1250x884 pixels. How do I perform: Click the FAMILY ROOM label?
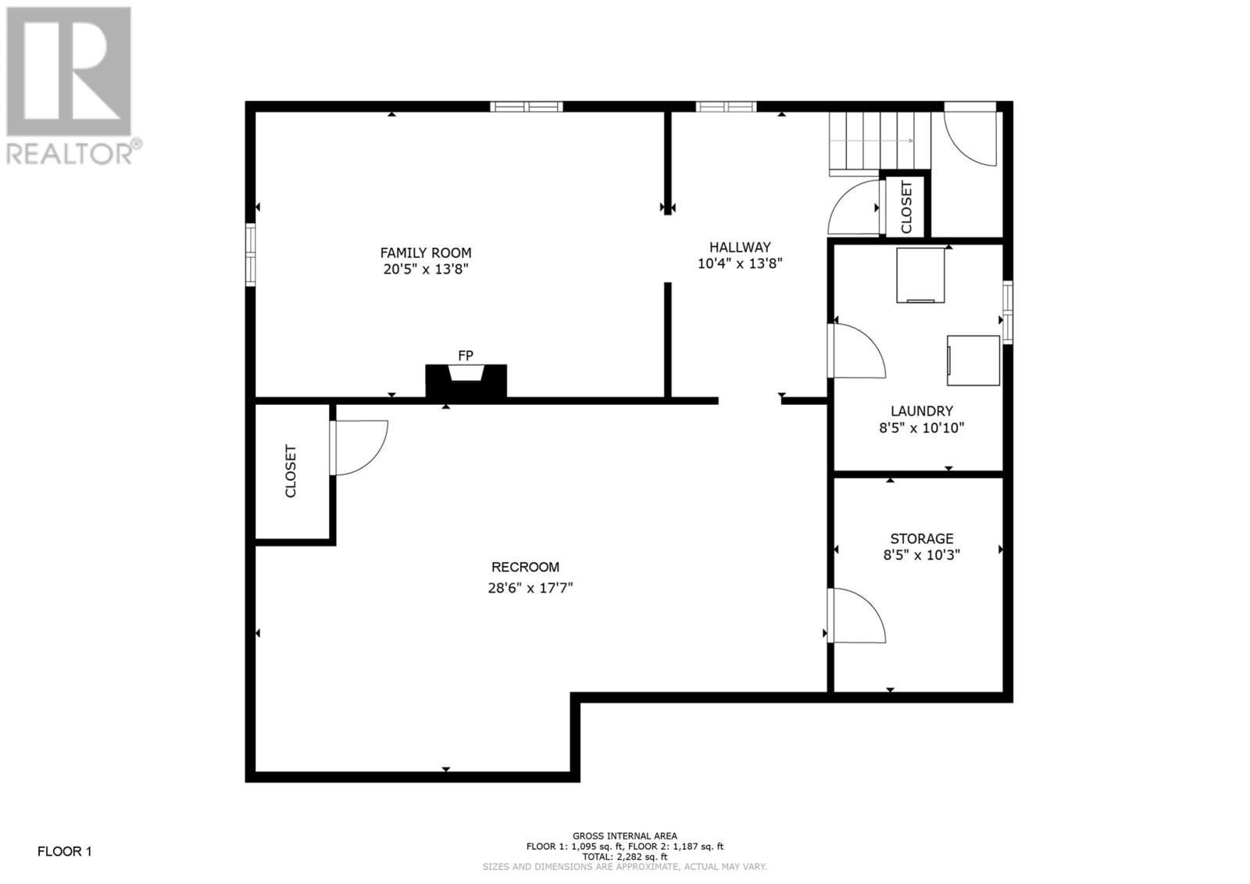[x=426, y=252]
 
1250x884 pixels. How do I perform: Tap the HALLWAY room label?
[x=740, y=247]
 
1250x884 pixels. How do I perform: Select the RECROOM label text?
[x=525, y=567]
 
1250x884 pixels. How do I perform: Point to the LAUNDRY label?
[x=921, y=411]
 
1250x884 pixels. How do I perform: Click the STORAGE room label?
[x=921, y=539]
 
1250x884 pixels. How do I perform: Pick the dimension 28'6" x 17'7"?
[x=530, y=588]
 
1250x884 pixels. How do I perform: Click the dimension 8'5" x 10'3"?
[x=921, y=555]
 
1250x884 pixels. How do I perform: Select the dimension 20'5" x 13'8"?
[x=426, y=269]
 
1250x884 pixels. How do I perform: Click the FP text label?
[x=466, y=355]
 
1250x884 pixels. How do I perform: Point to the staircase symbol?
[x=880, y=144]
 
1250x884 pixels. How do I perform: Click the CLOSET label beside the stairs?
[x=906, y=207]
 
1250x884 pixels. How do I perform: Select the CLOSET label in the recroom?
[x=291, y=471]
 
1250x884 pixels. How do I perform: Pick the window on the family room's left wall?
[x=251, y=255]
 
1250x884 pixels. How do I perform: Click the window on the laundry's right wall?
[x=1007, y=312]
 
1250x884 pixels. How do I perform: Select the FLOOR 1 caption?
[x=64, y=851]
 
